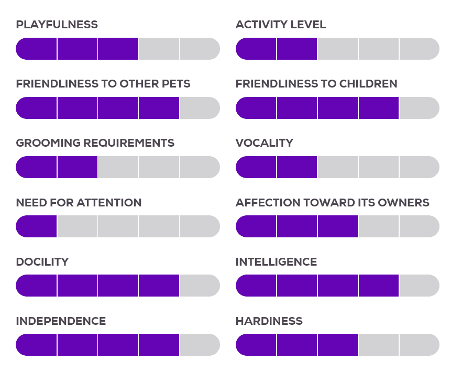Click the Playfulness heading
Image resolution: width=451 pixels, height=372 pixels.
[57, 25]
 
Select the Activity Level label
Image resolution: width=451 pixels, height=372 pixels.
[281, 25]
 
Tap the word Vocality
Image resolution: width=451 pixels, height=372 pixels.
[264, 143]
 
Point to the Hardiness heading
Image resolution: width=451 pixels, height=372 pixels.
[269, 321]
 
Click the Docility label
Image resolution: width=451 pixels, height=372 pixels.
[42, 262]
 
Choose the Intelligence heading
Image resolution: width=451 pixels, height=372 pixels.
[276, 262]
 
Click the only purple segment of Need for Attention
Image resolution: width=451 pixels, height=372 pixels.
[37, 226]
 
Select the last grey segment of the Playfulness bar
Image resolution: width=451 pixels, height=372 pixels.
[199, 49]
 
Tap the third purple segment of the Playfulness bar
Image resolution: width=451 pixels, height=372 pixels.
[118, 49]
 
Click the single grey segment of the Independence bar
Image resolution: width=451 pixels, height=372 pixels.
[199, 345]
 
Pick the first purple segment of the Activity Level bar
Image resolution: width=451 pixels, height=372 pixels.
[256, 49]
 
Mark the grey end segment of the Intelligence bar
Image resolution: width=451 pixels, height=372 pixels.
[419, 286]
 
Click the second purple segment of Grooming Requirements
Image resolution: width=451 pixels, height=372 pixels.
[77, 167]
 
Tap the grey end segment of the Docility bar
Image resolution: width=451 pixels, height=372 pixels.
[199, 286]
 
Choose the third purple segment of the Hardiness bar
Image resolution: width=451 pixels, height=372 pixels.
[338, 345]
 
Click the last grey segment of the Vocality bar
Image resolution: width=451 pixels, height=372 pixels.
[419, 167]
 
